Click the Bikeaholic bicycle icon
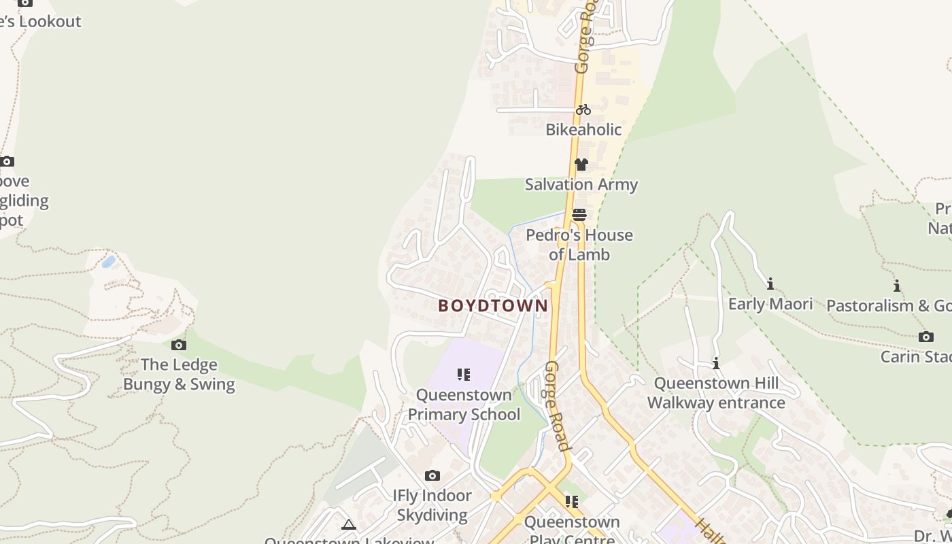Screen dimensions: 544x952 pos(583,109)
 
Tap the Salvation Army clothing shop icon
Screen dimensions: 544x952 pos(581,165)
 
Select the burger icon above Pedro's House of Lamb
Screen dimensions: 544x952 pos(579,215)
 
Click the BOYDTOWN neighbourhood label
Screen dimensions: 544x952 pos(493,306)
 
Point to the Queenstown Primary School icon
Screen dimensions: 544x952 pos(464,375)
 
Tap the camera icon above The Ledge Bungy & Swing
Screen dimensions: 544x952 pos(179,345)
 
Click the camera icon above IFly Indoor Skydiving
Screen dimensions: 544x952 pos(432,475)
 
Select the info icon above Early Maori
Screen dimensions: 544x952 pos(770,284)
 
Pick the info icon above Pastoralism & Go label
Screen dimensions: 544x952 pos(897,286)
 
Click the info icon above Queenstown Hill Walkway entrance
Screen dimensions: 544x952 pos(716,364)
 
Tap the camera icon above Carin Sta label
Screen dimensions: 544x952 pos(925,337)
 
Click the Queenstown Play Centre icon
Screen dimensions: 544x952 pos(572,502)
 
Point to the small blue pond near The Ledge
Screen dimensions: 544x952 pos(108,262)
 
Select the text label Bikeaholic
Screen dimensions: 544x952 pos(583,129)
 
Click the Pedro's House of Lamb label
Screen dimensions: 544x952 pos(579,245)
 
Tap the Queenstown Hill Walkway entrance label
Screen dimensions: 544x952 pos(716,393)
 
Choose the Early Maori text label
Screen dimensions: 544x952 pos(770,304)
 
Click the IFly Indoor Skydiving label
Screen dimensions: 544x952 pos(432,505)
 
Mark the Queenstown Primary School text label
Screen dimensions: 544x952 pos(464,405)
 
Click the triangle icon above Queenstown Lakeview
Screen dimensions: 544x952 pos(349,524)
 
